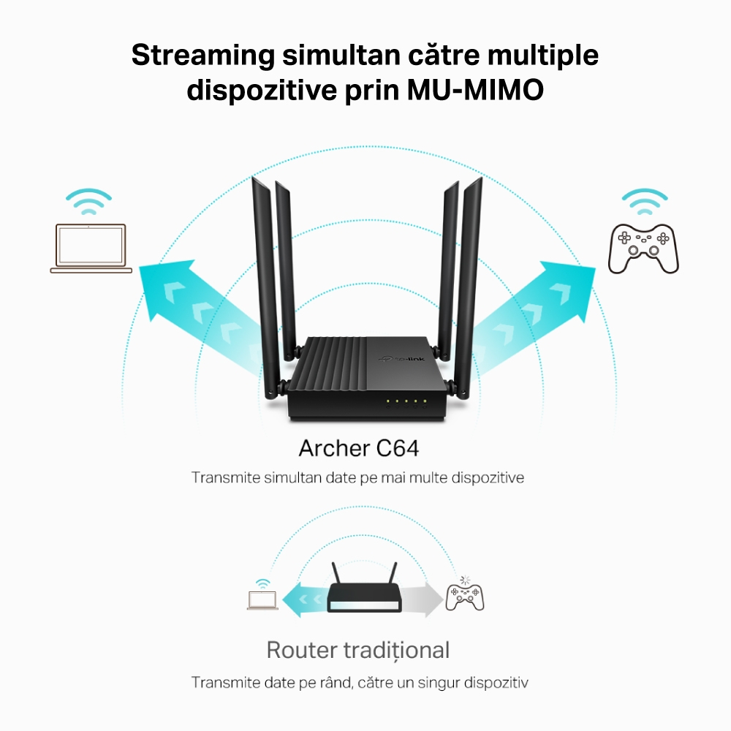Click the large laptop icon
click(91, 248)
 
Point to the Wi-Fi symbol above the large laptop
click(88, 202)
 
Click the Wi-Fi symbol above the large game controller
click(644, 202)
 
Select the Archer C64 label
click(359, 448)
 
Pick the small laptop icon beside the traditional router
click(262, 600)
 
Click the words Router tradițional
click(357, 650)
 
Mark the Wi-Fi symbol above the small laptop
click(262, 583)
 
